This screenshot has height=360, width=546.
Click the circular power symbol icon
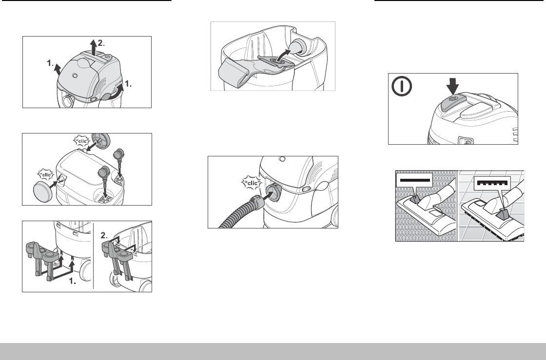[402, 86]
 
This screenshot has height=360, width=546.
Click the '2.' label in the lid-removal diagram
[101, 43]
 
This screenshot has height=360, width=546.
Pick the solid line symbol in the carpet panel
[415, 180]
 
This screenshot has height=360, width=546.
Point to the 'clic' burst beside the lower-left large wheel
[46, 174]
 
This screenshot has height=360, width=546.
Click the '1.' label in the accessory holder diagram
[73, 281]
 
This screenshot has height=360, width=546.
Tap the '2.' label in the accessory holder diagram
[104, 235]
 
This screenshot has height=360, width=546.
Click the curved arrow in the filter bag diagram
[283, 55]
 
